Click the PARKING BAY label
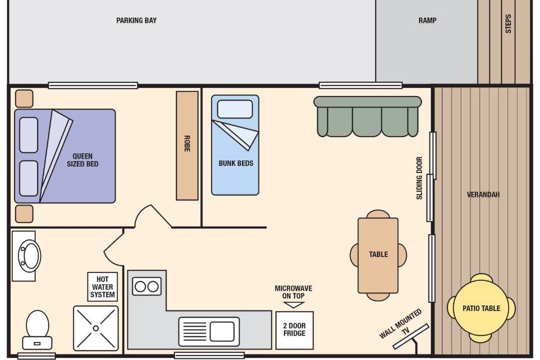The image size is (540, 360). point(136,20)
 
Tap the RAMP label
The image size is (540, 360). point(427,20)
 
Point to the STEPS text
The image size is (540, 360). point(508,23)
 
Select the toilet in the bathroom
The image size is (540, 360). point(37,330)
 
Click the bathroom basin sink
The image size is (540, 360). point(29,256)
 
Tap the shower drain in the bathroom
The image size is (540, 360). point(95,328)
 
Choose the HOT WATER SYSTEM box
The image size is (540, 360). point(102,287)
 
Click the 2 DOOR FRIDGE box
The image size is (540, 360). point(294,330)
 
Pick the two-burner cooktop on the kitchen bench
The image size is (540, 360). point(146,286)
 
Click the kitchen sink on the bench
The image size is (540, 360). point(208,332)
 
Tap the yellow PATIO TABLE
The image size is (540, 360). point(481,308)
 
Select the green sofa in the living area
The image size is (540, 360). point(367,116)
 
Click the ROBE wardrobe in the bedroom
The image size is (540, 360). point(187,145)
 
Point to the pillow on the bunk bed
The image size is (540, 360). point(235,109)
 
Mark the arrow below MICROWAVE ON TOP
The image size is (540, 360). point(294,305)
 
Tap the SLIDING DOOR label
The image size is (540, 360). point(419,178)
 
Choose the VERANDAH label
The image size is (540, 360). point(483,194)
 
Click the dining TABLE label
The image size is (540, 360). point(378,254)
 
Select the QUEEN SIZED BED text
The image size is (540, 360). point(82,160)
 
